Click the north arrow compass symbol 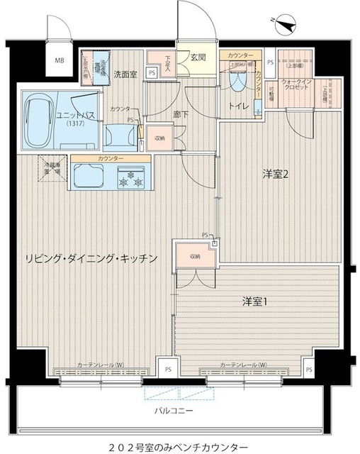(x=285, y=28)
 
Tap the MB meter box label (x=60, y=60)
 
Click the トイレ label (x=237, y=107)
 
